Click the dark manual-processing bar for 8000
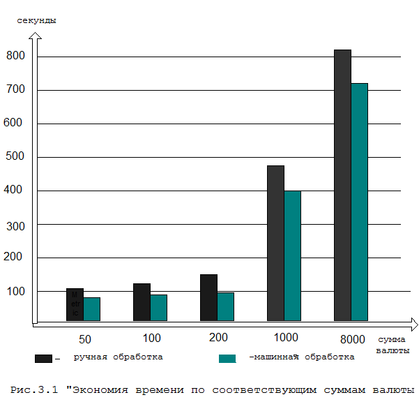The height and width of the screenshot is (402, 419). click(x=342, y=185)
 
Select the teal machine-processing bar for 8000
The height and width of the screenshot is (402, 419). click(x=359, y=202)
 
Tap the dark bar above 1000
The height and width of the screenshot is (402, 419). click(x=275, y=243)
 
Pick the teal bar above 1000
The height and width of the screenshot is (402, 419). click(x=292, y=255)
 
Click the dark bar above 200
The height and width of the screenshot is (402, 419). click(x=208, y=297)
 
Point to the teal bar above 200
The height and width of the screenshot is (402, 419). click(x=224, y=306)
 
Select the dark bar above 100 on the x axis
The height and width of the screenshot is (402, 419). click(x=142, y=301)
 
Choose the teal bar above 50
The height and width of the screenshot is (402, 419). click(x=91, y=309)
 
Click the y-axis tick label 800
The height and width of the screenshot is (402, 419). click(x=15, y=56)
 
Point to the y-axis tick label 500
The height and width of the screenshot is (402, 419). click(x=15, y=156)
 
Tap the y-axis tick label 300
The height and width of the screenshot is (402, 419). click(x=15, y=226)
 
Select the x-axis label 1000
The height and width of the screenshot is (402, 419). click(x=286, y=338)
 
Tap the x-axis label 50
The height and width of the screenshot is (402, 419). click(x=84, y=340)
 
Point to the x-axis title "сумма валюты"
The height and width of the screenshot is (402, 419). click(x=391, y=344)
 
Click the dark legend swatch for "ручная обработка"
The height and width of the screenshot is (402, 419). click(x=43, y=358)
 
